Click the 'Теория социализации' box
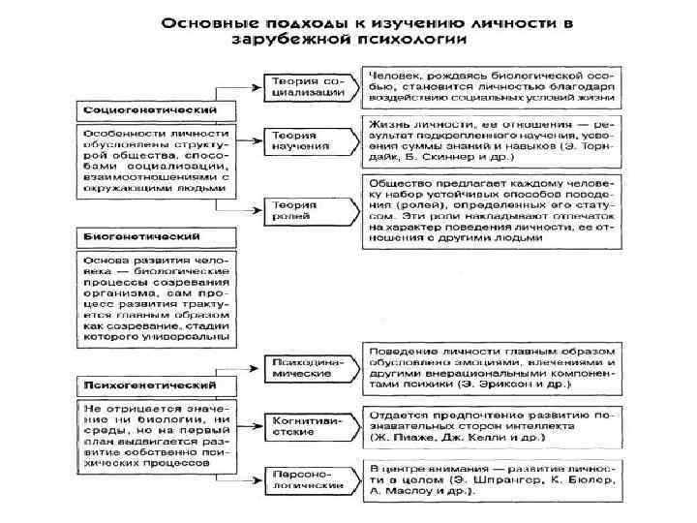coord(306,85)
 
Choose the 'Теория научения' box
coord(303,141)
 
